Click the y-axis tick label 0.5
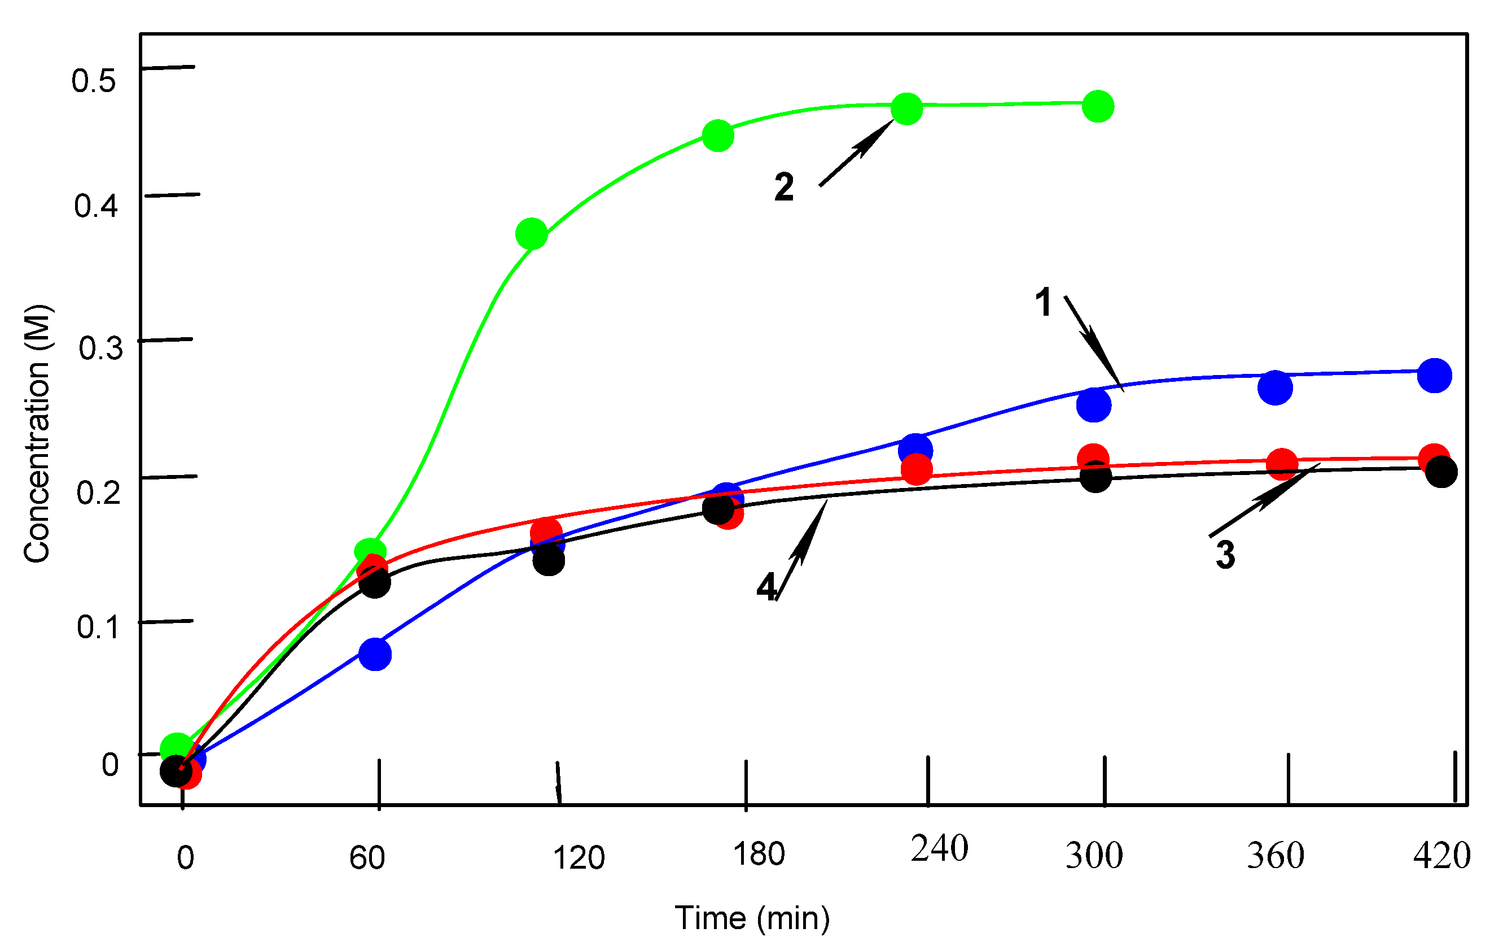(94, 81)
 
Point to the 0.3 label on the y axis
(100, 348)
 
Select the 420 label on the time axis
(1442, 856)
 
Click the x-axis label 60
(367, 858)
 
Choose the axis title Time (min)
(752, 918)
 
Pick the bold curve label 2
(784, 187)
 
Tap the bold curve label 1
(1043, 302)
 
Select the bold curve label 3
(1225, 555)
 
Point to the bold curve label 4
(766, 587)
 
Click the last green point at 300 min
(1098, 106)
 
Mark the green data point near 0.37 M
(531, 234)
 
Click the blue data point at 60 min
(375, 655)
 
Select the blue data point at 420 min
(1434, 376)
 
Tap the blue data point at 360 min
(1274, 387)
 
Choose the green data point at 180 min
(718, 136)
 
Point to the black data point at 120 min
(549, 560)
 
